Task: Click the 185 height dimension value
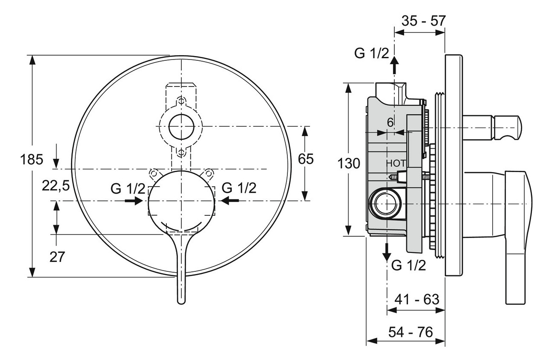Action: [x=32, y=160]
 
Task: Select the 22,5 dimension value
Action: [x=56, y=185]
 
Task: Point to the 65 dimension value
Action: [x=306, y=159]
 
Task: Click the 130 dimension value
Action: [x=349, y=163]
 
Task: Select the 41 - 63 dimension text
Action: [x=417, y=299]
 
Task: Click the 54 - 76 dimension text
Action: [x=411, y=332]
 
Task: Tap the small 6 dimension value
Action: [x=390, y=122]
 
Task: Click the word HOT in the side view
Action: [x=395, y=163]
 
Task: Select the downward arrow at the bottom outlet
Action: [x=387, y=252]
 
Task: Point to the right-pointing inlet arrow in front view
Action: [x=136, y=200]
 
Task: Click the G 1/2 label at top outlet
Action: [x=372, y=54]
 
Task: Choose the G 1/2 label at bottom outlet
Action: [x=408, y=266]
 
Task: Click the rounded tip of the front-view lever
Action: [x=181, y=300]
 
